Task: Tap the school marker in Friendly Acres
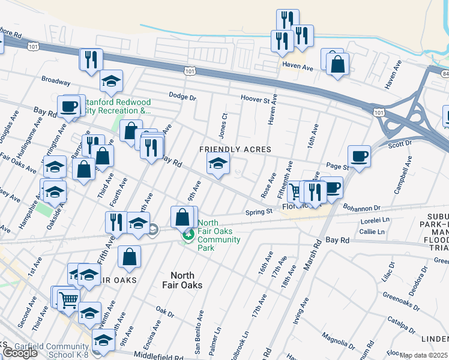click(x=218, y=163)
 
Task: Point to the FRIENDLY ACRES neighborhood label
click(x=235, y=149)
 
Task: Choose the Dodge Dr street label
click(x=182, y=95)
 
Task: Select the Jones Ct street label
click(x=223, y=124)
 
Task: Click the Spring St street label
click(x=259, y=212)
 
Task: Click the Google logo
click(x=20, y=353)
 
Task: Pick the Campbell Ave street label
click(x=402, y=176)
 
